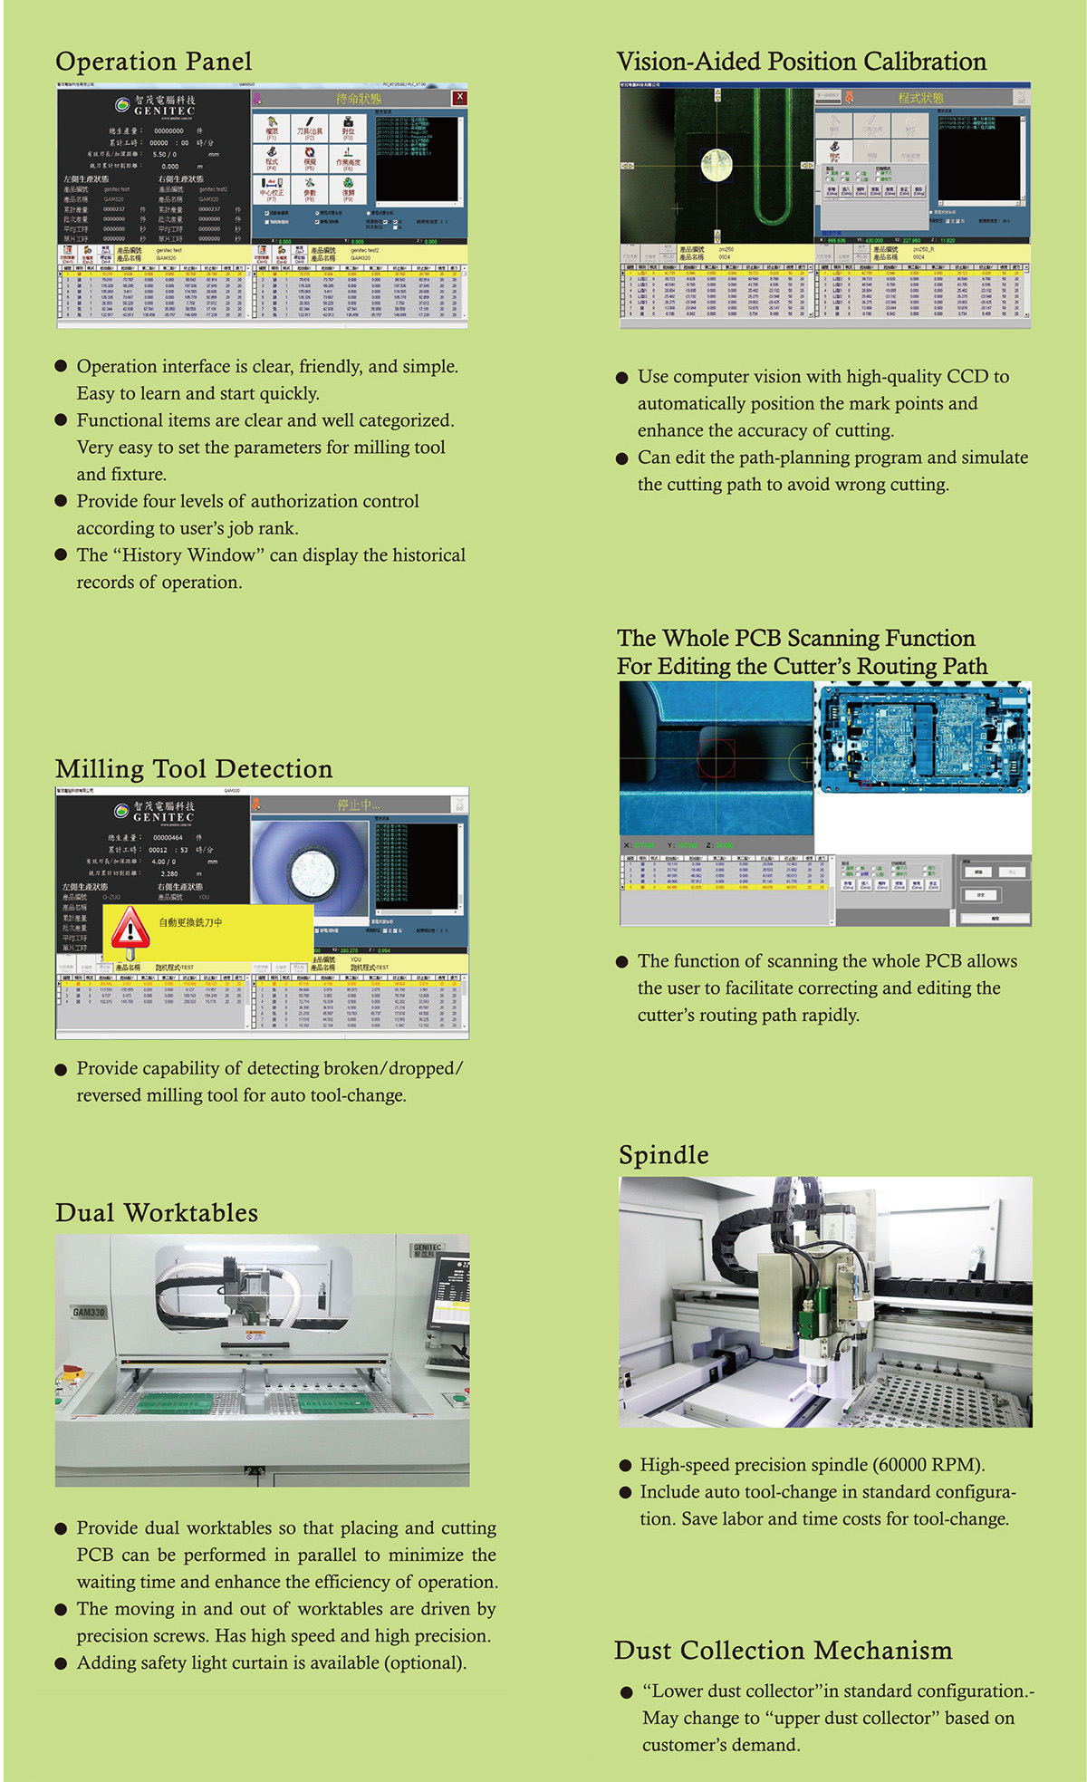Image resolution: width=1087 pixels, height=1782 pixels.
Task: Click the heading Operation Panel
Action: [x=153, y=62]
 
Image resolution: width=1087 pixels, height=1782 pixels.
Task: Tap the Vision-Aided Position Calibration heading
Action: [x=801, y=62]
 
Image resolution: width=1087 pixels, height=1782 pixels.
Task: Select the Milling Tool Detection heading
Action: [x=193, y=769]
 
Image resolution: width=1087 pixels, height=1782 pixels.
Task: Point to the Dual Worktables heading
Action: [x=156, y=1213]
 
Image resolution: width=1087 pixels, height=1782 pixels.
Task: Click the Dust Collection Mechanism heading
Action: [x=783, y=1651]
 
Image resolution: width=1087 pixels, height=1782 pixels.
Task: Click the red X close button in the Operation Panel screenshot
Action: [x=459, y=97]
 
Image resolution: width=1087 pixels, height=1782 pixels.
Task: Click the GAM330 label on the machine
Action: [x=89, y=1312]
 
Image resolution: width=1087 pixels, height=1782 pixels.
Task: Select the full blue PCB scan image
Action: [x=922, y=737]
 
